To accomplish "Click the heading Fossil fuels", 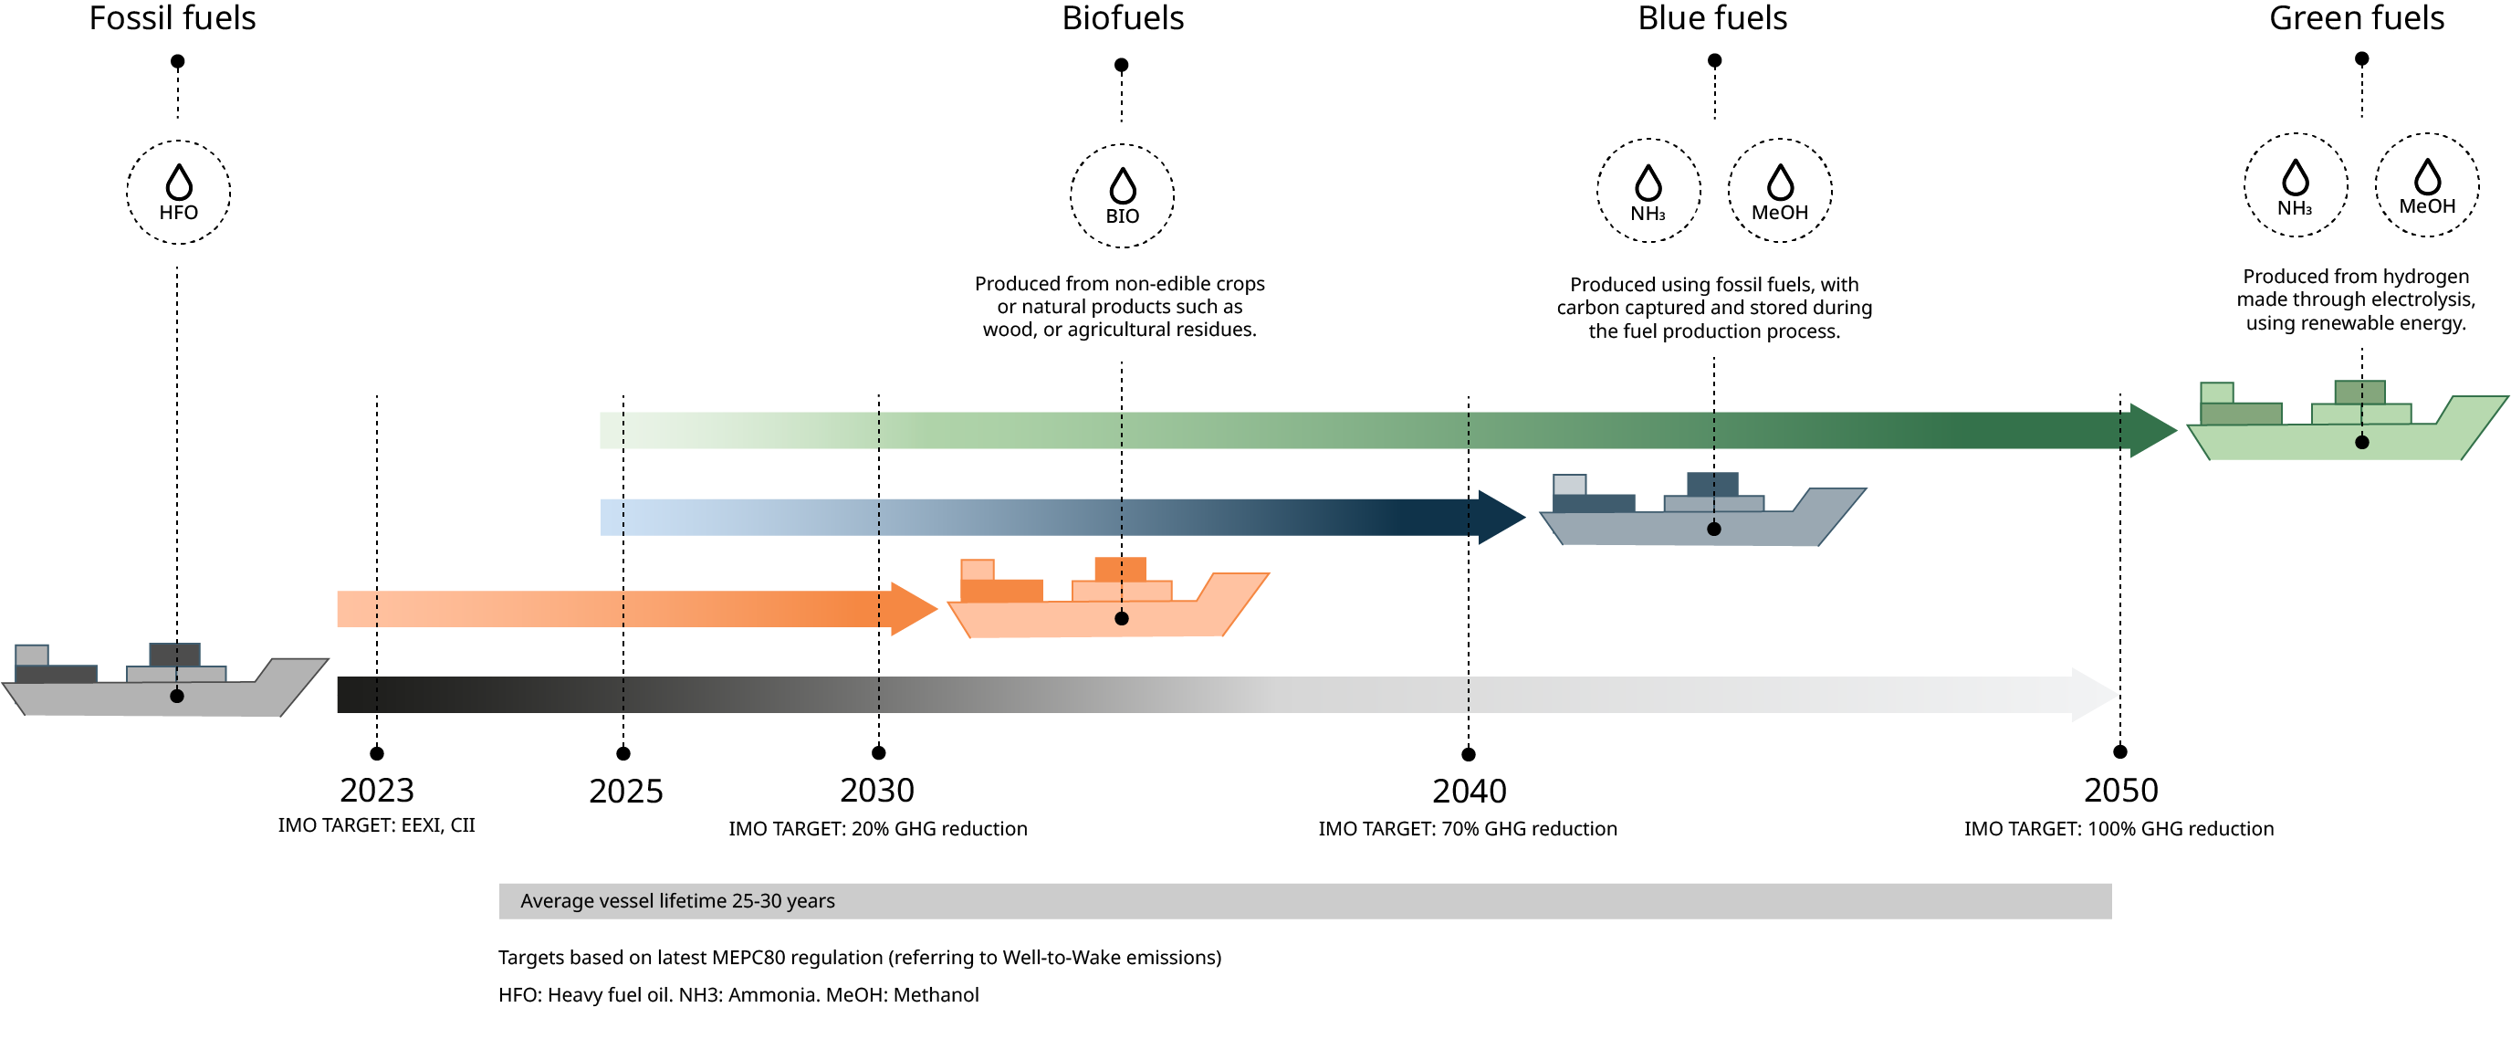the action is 173,18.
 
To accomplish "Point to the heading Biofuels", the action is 1123,18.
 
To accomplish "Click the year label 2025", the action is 626,792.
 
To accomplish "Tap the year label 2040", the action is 1469,792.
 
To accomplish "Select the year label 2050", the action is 2121,791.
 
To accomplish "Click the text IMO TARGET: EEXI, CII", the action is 376,825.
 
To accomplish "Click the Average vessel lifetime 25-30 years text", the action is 677,901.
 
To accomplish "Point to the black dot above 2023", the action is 377,753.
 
